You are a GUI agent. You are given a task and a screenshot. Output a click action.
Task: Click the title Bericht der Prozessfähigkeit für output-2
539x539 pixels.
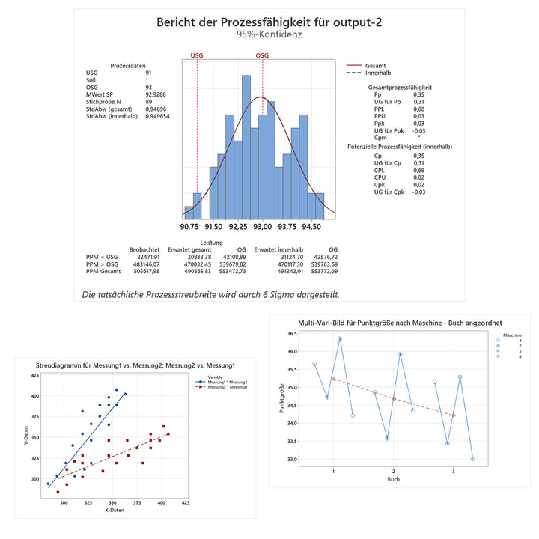pos(269,21)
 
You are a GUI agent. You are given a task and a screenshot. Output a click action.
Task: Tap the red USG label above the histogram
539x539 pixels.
pos(197,55)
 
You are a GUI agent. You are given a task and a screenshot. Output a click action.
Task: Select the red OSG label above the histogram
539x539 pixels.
pos(262,55)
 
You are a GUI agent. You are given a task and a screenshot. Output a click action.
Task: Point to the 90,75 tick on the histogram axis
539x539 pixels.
pos(189,226)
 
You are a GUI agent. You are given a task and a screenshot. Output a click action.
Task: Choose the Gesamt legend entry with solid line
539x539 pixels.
pos(375,65)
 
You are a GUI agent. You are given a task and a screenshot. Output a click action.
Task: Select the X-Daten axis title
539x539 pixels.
pos(113,509)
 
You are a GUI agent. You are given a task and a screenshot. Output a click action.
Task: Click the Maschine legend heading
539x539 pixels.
pos(512,335)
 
